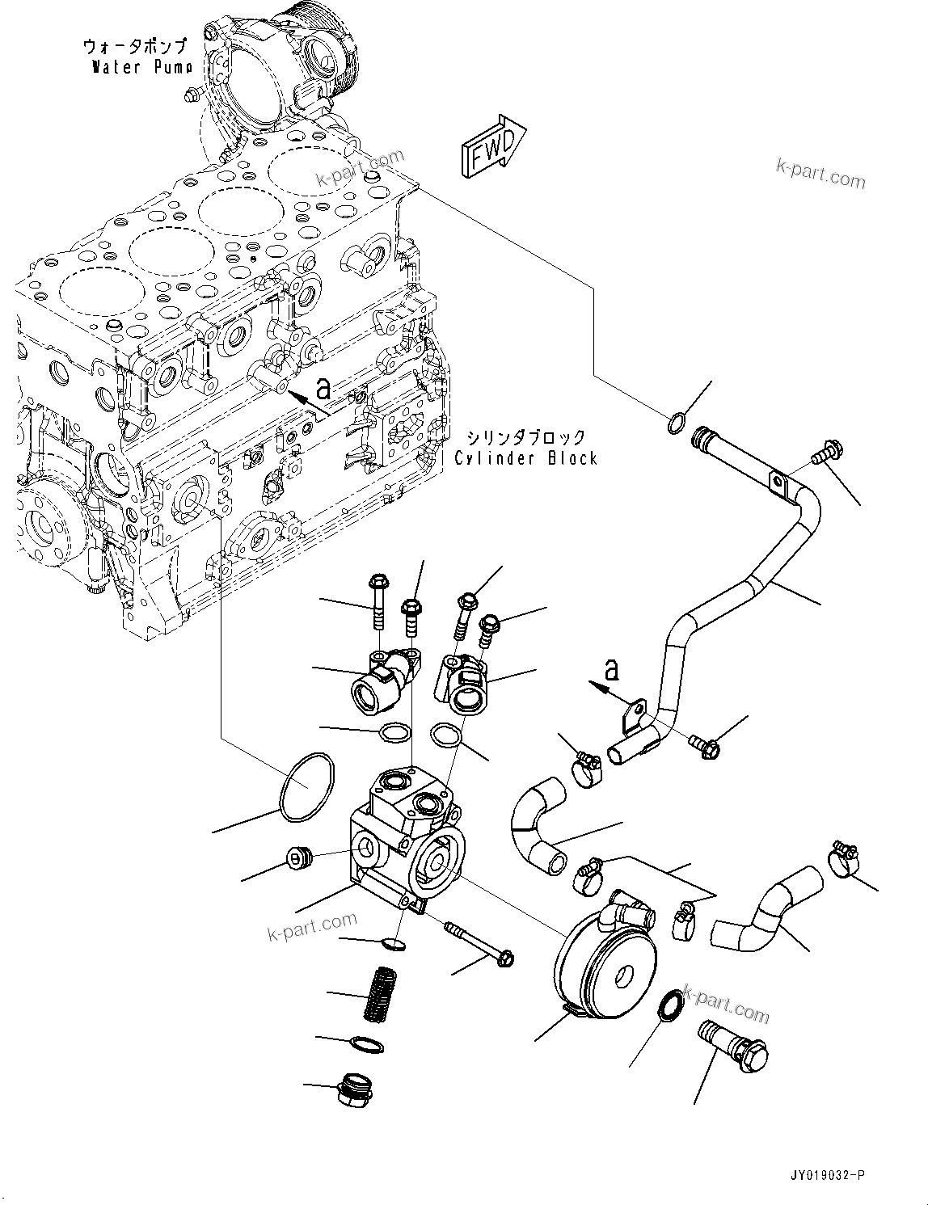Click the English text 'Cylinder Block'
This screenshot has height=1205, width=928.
(x=525, y=458)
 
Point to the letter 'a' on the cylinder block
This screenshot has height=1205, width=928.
(x=323, y=390)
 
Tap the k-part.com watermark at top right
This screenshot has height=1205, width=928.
(x=820, y=172)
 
